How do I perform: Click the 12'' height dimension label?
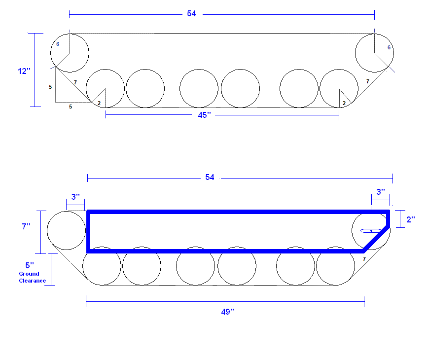(x=24, y=71)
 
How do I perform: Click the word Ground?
(x=29, y=274)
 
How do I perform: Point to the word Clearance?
(x=33, y=281)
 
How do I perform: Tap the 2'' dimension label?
(x=411, y=219)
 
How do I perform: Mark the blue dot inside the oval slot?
(x=371, y=231)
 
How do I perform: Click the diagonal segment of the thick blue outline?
(x=376, y=239)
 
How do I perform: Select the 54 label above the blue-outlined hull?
(x=210, y=178)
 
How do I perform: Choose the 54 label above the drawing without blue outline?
(x=192, y=14)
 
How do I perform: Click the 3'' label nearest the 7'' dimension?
(x=75, y=197)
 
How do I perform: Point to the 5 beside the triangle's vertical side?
(x=50, y=87)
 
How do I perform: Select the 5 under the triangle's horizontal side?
(x=70, y=106)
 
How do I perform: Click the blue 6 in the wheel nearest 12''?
(x=57, y=44)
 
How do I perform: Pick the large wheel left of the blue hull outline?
(x=66, y=230)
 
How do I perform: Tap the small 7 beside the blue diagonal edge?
(x=364, y=258)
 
